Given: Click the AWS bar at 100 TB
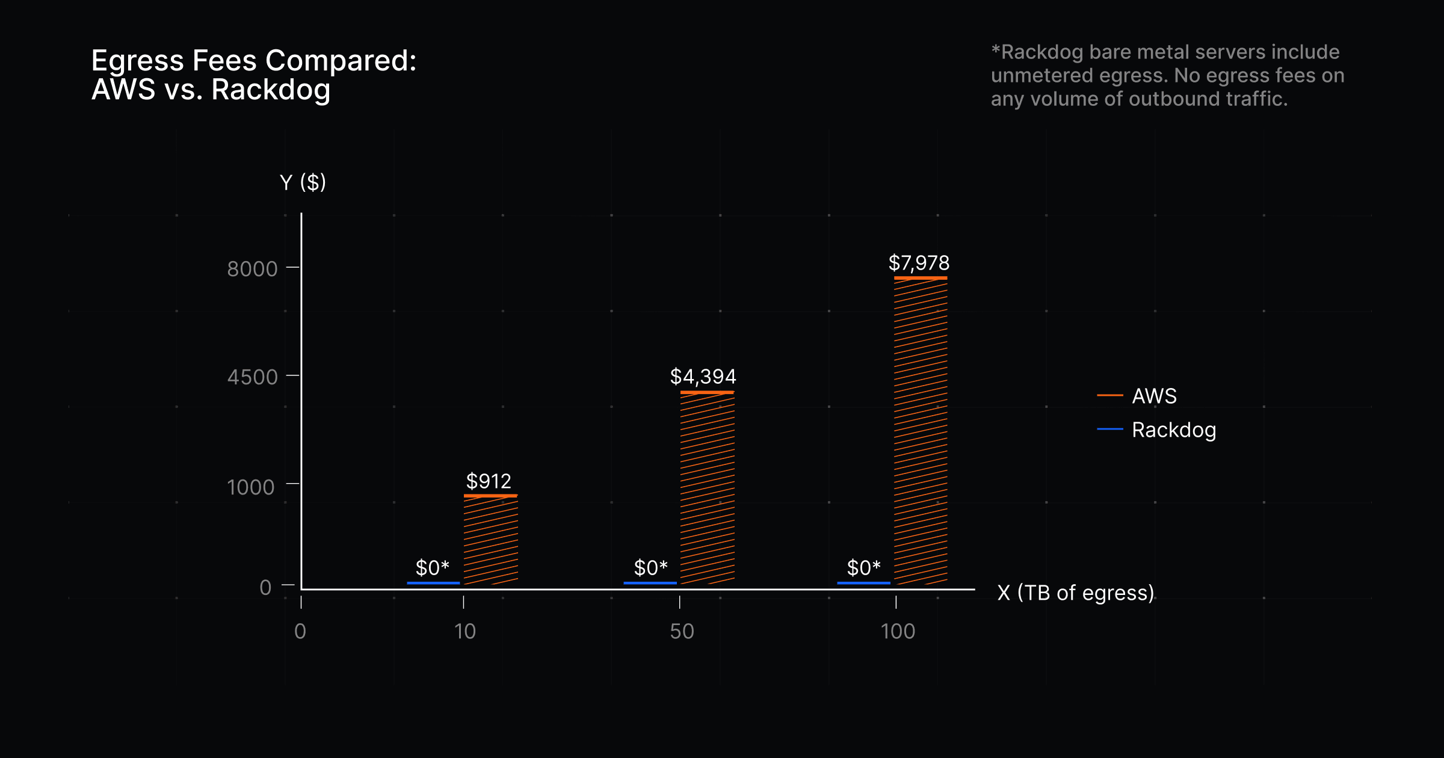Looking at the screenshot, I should point(921,430).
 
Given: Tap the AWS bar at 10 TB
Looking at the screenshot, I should point(490,539).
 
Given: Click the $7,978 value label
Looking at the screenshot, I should point(919,263).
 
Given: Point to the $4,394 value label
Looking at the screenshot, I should point(703,377).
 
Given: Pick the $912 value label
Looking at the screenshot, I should point(489,481).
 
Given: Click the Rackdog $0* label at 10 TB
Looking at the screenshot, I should point(433,567).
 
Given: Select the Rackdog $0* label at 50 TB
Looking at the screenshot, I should point(650,567).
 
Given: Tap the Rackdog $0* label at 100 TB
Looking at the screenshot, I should point(863,567).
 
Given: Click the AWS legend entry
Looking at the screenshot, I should point(1153,396).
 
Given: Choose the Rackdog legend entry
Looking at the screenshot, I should point(1173,430).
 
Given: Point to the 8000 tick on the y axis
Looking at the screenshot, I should point(252,268).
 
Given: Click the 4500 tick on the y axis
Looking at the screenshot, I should point(252,377).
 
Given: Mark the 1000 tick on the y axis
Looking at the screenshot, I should point(250,487).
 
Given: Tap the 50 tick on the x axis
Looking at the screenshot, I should point(682,631).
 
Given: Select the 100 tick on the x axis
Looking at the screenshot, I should point(898,631).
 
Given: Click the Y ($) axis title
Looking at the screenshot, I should point(303,182).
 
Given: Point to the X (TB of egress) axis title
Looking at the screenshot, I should point(1076,593).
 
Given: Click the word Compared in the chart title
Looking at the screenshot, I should point(341,61).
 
